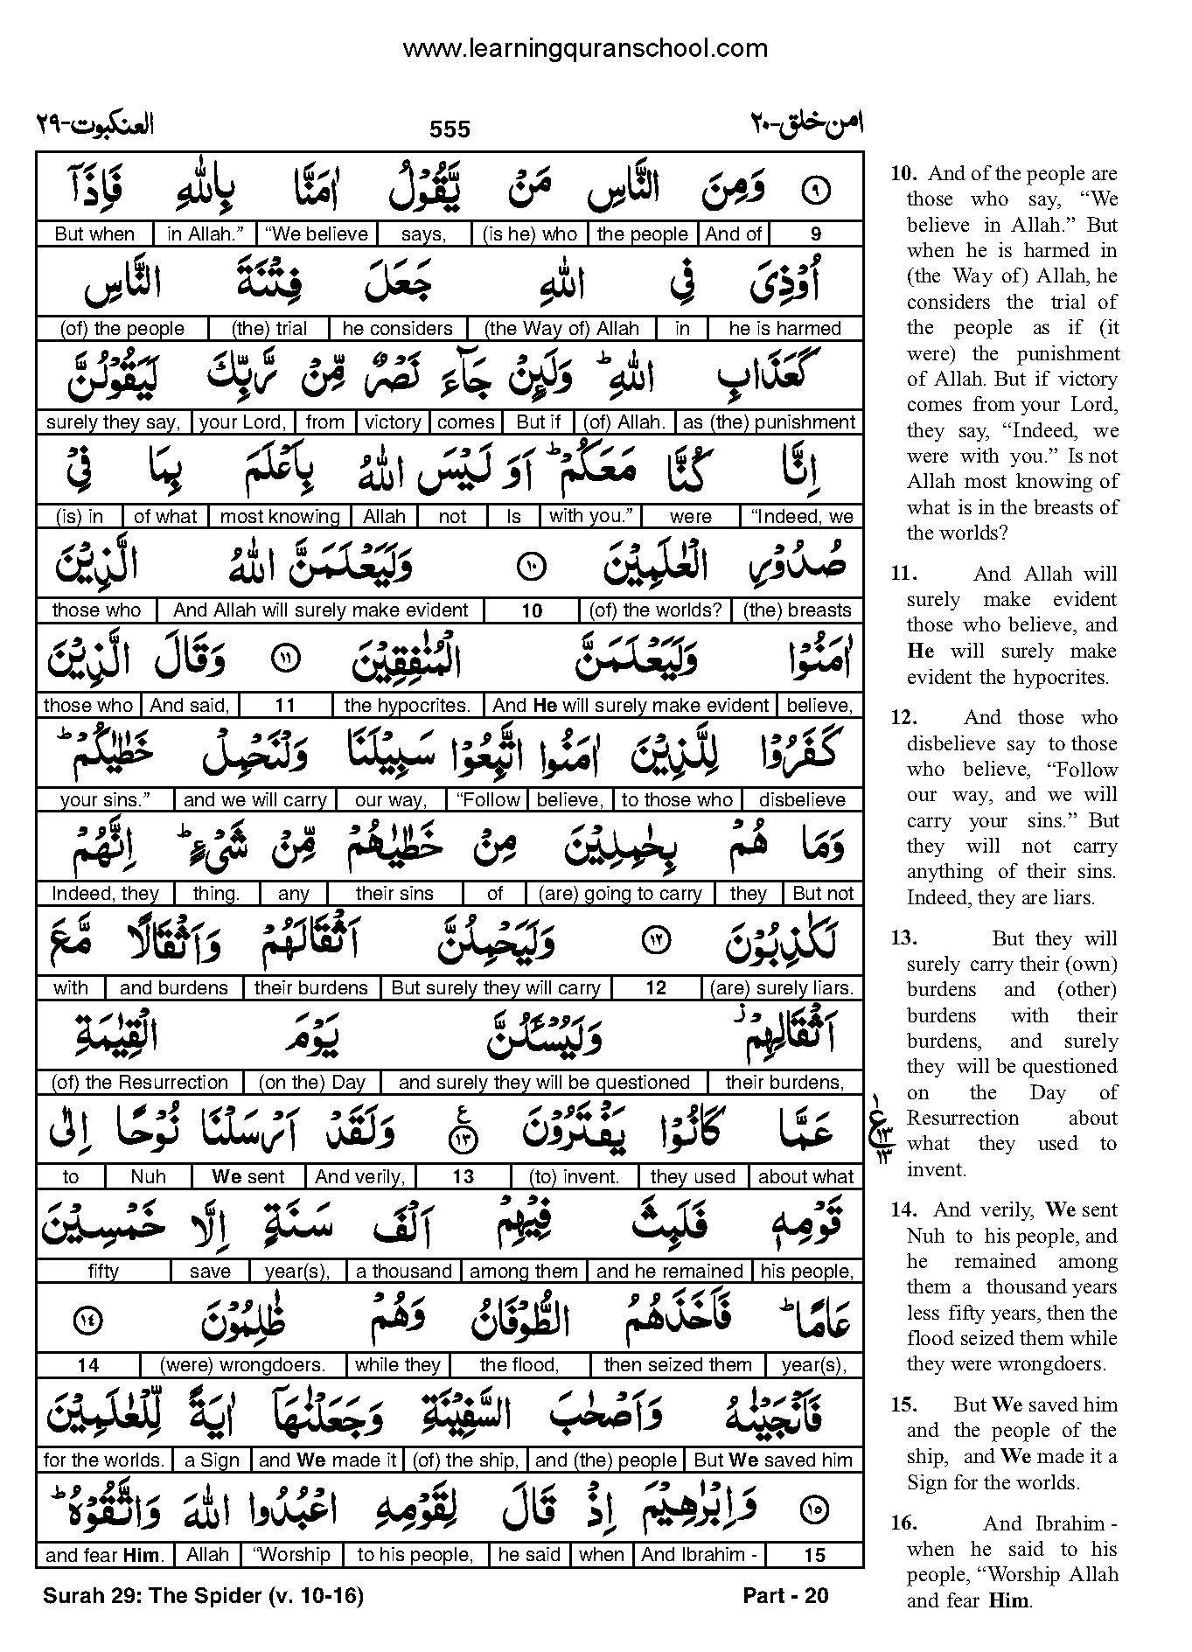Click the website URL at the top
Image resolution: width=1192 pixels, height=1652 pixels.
[x=585, y=49]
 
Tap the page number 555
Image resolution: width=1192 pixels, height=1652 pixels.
[x=450, y=129]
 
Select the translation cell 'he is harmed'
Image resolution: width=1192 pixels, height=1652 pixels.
[x=784, y=329]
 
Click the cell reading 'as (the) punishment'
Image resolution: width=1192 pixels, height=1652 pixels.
[x=768, y=422]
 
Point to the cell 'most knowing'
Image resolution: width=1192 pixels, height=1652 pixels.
[x=280, y=517]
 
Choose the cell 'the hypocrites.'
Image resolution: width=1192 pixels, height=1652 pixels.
[x=408, y=706]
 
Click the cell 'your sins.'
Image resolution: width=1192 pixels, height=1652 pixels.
[x=105, y=800]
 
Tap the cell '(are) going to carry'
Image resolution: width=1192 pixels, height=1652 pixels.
[x=620, y=894]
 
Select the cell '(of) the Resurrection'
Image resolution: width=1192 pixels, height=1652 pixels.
[x=140, y=1083]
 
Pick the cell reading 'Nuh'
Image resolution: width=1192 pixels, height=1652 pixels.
[x=148, y=1177]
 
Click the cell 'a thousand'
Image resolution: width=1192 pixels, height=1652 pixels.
[x=404, y=1272]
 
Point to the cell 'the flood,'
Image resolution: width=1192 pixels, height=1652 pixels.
[x=519, y=1365]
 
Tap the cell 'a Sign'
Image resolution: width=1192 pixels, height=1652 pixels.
[x=213, y=1460]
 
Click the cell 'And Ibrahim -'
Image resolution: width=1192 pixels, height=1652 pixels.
[x=699, y=1555]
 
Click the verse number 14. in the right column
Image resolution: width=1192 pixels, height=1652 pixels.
[x=903, y=1210]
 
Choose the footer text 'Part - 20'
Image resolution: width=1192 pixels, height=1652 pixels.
[x=784, y=1596]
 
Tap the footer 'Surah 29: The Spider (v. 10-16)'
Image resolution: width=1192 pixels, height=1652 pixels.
[x=203, y=1596]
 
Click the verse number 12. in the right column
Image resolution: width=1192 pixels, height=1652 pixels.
[x=903, y=718]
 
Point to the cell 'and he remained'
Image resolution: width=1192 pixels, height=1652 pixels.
[x=670, y=1272]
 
